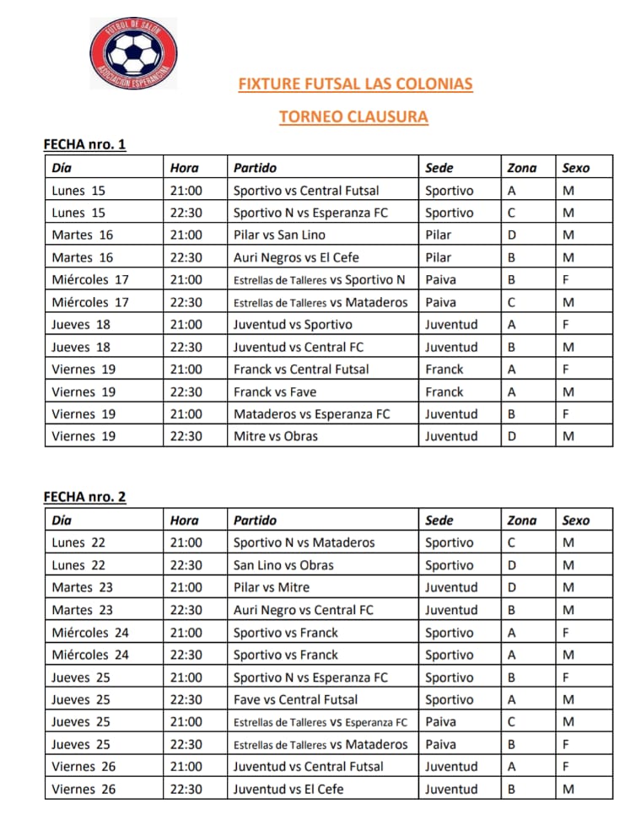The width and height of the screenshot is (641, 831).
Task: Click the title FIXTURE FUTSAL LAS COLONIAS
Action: (x=355, y=84)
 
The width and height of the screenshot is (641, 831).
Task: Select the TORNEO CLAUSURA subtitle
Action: (x=353, y=117)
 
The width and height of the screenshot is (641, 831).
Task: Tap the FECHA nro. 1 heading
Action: (x=84, y=144)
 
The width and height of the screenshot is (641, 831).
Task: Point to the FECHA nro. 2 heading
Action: (x=84, y=497)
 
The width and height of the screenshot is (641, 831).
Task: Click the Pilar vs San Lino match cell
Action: (x=279, y=235)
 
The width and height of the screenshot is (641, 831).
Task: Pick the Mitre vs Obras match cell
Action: (x=276, y=436)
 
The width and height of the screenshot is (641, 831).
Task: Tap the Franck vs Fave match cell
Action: (x=274, y=391)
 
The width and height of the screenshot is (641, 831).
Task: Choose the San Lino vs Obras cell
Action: (x=283, y=565)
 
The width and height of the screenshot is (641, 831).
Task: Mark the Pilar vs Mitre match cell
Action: (x=272, y=587)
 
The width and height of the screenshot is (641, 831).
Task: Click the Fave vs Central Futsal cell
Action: (x=295, y=699)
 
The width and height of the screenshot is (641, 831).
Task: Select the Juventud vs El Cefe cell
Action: (x=288, y=790)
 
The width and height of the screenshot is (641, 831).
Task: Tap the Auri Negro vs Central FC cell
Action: (x=303, y=610)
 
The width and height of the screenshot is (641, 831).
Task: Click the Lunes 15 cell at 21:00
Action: (x=78, y=191)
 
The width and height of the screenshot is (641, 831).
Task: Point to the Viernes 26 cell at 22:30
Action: (x=84, y=790)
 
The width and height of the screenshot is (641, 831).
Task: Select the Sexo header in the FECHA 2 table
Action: (x=576, y=521)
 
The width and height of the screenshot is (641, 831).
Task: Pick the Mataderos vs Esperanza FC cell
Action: (x=311, y=414)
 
